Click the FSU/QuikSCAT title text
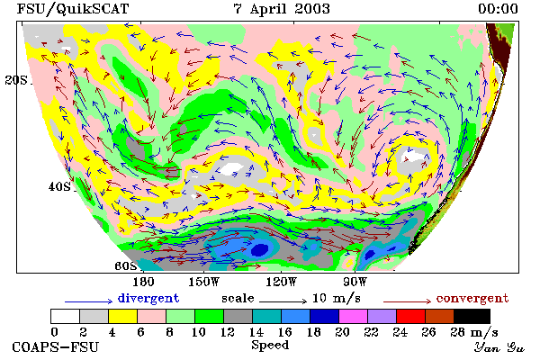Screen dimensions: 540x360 coord(73,9)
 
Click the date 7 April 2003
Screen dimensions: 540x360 coord(282,9)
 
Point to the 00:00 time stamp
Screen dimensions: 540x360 coord(498,9)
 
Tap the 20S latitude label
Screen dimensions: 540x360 coord(16,80)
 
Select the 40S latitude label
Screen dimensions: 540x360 coord(59,186)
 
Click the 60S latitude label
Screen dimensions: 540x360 coord(126,265)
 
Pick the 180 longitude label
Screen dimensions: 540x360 coord(143,282)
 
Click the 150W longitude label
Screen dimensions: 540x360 coord(204,282)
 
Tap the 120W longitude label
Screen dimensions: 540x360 coord(281,282)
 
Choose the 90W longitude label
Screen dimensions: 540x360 coord(355,282)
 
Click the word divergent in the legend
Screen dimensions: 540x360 coord(148,298)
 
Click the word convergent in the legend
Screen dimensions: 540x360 coord(472,298)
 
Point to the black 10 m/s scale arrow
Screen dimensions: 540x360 coord(283,301)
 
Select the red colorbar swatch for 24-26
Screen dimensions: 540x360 coord(411,316)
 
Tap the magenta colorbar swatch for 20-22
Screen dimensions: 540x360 coord(354,316)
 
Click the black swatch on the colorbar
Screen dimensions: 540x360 coord(472,316)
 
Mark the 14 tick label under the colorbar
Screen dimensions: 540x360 coord(256,332)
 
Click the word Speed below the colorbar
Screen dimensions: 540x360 coord(270,345)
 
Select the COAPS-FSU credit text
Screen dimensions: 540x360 coord(56,346)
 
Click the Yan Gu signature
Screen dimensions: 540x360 coord(499,346)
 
